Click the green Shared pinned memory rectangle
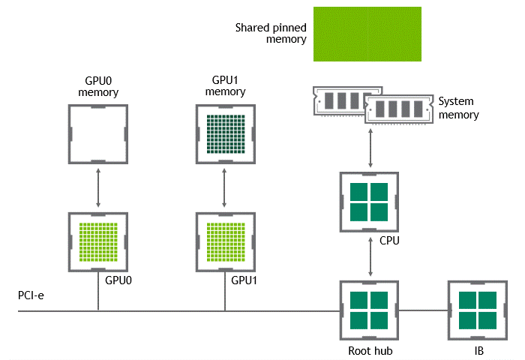pyautogui.click(x=367, y=34)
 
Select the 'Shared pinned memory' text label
pyautogui.click(x=271, y=32)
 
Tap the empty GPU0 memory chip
pyautogui.click(x=98, y=134)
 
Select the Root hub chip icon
pyautogui.click(x=369, y=310)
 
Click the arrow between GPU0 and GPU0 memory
pyautogui.click(x=98, y=187)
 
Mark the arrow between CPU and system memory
pyautogui.click(x=369, y=148)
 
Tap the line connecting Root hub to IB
pyautogui.click(x=422, y=310)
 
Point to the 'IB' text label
pyautogui.click(x=478, y=350)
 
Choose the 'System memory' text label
pyautogui.click(x=458, y=108)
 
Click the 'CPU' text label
pyautogui.click(x=391, y=241)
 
